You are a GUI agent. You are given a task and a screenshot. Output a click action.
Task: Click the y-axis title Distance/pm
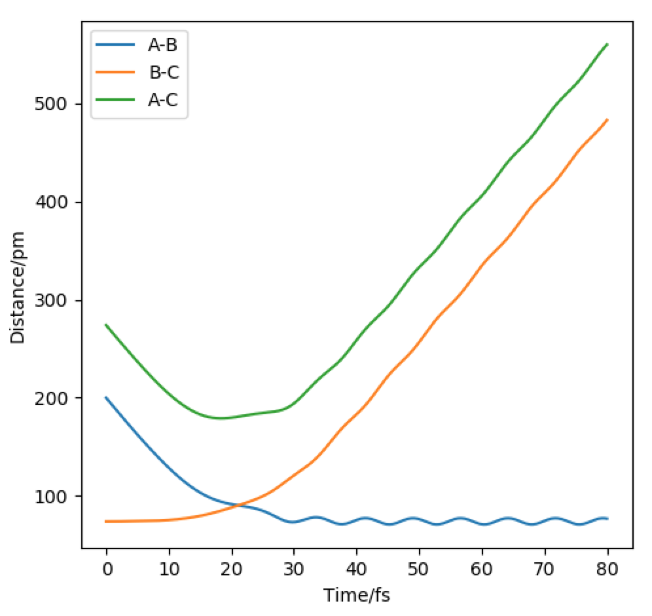pyautogui.click(x=18, y=286)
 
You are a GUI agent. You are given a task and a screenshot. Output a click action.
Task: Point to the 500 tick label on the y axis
pyautogui.click(x=54, y=105)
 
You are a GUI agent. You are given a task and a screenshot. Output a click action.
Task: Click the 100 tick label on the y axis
pyautogui.click(x=54, y=497)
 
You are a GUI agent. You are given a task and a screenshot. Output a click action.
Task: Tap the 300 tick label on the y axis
pyautogui.click(x=54, y=301)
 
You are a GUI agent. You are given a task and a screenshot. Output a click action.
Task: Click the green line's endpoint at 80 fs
pyautogui.click(x=607, y=45)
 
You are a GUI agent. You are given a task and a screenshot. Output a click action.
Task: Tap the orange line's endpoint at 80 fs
pyautogui.click(x=607, y=120)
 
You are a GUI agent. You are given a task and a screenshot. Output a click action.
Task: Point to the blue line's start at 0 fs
pyautogui.click(x=106, y=397)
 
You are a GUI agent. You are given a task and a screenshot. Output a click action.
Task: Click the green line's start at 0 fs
pyautogui.click(x=106, y=324)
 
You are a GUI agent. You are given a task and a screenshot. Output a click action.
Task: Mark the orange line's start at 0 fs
pyautogui.click(x=106, y=521)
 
